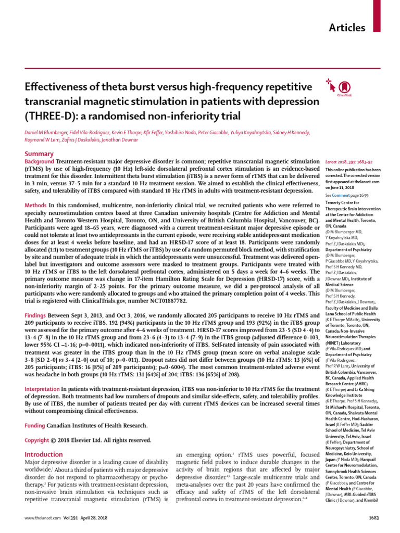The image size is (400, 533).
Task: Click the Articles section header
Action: pyautogui.click(x=346, y=28)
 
